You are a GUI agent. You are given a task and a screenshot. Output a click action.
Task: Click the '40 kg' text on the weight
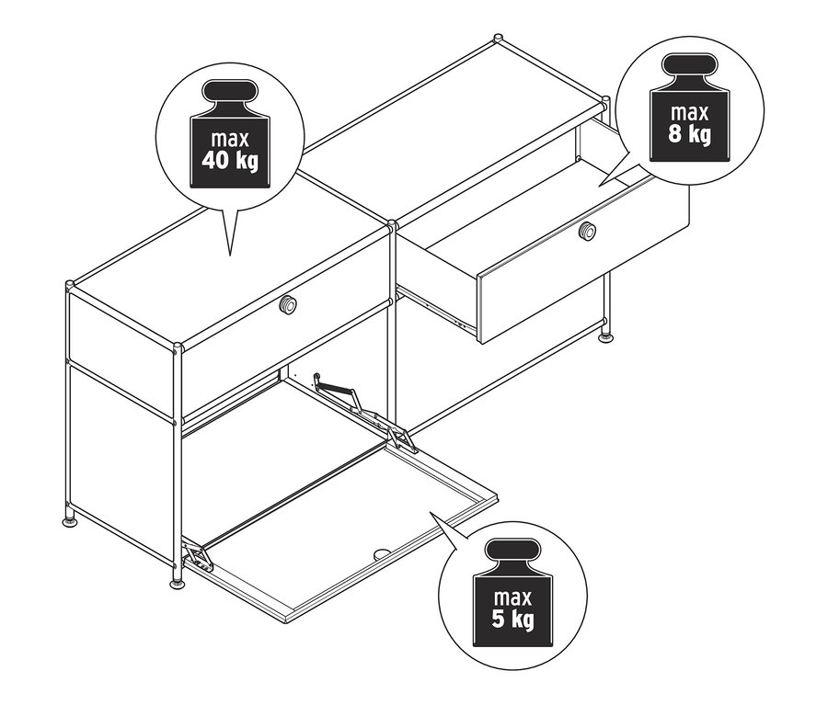pyautogui.click(x=230, y=161)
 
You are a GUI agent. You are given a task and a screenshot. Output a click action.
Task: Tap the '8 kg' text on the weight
pyautogui.click(x=689, y=134)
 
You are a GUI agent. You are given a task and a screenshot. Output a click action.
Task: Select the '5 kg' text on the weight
pyautogui.click(x=512, y=619)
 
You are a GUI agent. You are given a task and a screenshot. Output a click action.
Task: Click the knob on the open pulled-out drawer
pyautogui.click(x=587, y=231)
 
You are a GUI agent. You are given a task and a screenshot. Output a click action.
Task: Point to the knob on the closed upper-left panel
pyautogui.click(x=288, y=304)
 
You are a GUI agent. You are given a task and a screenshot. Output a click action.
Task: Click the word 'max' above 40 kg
pyautogui.click(x=230, y=140)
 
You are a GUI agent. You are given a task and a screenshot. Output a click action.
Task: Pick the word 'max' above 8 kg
pyautogui.click(x=689, y=112)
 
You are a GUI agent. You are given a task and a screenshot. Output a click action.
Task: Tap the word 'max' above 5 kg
pyautogui.click(x=512, y=597)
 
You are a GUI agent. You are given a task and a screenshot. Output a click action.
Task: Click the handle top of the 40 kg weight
pyautogui.click(x=230, y=92)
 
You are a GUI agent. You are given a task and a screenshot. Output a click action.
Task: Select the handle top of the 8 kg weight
pyautogui.click(x=689, y=65)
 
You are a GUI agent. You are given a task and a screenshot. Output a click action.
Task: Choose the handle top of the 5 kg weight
pyautogui.click(x=512, y=551)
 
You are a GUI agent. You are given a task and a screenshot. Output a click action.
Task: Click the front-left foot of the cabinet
pyautogui.click(x=177, y=583)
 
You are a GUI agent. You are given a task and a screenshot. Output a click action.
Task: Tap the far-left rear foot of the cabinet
pyautogui.click(x=69, y=520)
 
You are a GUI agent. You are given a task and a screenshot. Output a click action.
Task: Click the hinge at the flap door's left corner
pyautogui.click(x=199, y=557)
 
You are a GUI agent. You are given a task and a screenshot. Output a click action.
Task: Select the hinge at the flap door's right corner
pyautogui.click(x=401, y=439)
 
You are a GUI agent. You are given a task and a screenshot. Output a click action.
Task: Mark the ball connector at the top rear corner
pyautogui.click(x=498, y=39)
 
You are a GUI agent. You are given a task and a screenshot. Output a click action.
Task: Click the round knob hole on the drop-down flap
pyautogui.click(x=381, y=554)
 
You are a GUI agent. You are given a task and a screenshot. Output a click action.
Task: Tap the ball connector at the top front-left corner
pyautogui.click(x=70, y=286)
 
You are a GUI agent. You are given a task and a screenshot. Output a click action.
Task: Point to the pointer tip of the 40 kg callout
pyautogui.click(x=230, y=256)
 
